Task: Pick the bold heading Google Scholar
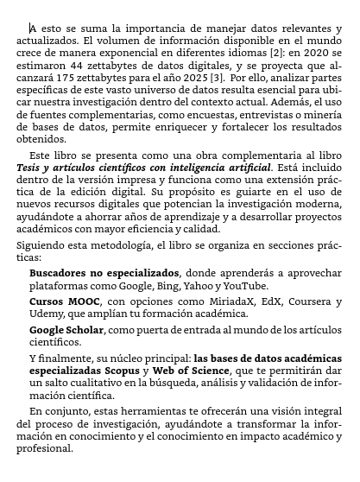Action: click(69, 330)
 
